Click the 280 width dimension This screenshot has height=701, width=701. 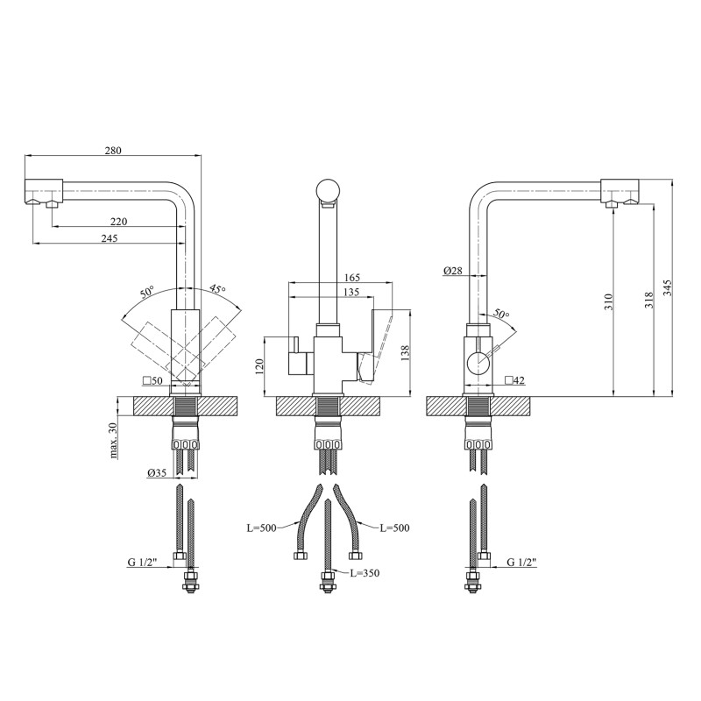click(x=113, y=150)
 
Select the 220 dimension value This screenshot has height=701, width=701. click(x=119, y=222)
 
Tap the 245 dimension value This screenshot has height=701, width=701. click(x=109, y=238)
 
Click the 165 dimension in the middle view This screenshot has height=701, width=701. click(x=352, y=278)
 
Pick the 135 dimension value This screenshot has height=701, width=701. click(x=351, y=293)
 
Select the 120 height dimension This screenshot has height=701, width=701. click(x=260, y=365)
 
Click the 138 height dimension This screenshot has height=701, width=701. click(x=405, y=353)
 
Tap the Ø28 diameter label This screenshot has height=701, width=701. click(x=452, y=271)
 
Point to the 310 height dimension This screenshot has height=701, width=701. click(x=608, y=302)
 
